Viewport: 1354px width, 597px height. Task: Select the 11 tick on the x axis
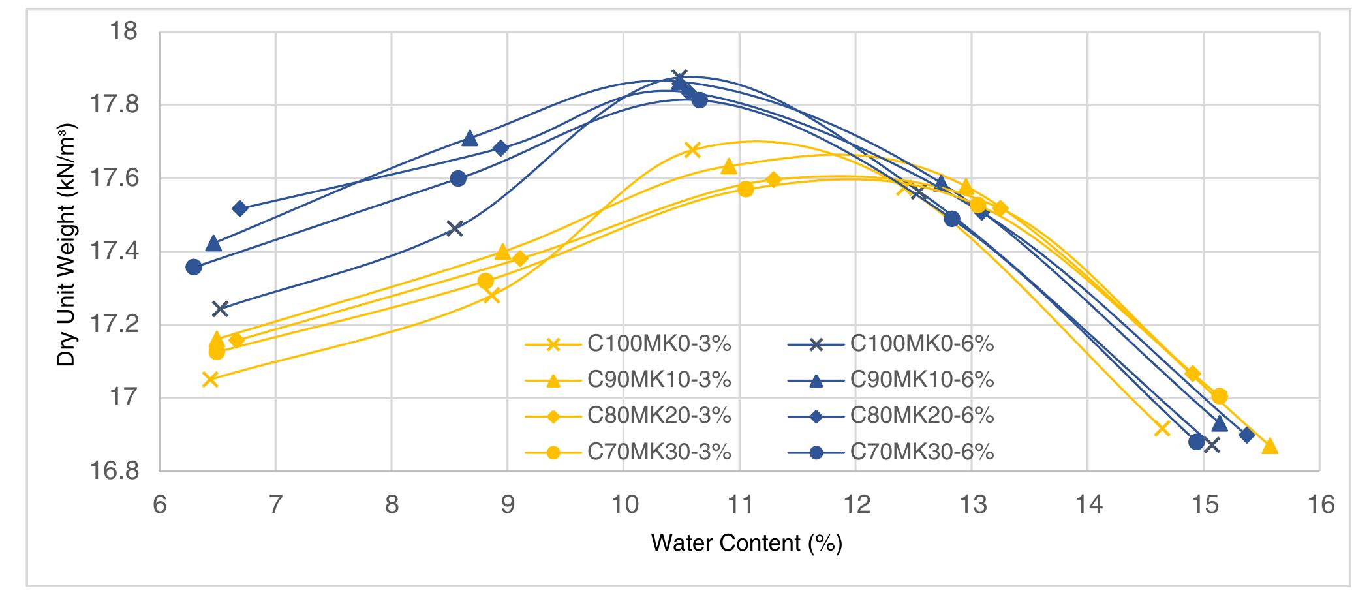tap(739, 504)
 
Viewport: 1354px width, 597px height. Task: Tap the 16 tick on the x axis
tap(1319, 504)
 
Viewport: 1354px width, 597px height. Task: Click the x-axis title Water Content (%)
tap(746, 543)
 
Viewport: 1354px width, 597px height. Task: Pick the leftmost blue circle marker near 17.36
tap(193, 267)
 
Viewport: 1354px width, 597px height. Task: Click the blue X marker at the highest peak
tap(679, 78)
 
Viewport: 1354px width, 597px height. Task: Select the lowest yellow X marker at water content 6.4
tap(209, 378)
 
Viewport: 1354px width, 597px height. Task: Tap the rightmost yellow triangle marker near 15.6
tap(1269, 446)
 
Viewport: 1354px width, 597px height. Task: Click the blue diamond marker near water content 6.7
tap(239, 208)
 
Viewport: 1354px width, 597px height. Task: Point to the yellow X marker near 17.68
tap(692, 149)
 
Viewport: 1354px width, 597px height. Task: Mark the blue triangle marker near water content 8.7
tap(469, 138)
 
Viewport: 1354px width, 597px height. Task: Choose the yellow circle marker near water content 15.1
tap(1219, 396)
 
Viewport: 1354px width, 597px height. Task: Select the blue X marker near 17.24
tap(220, 309)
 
